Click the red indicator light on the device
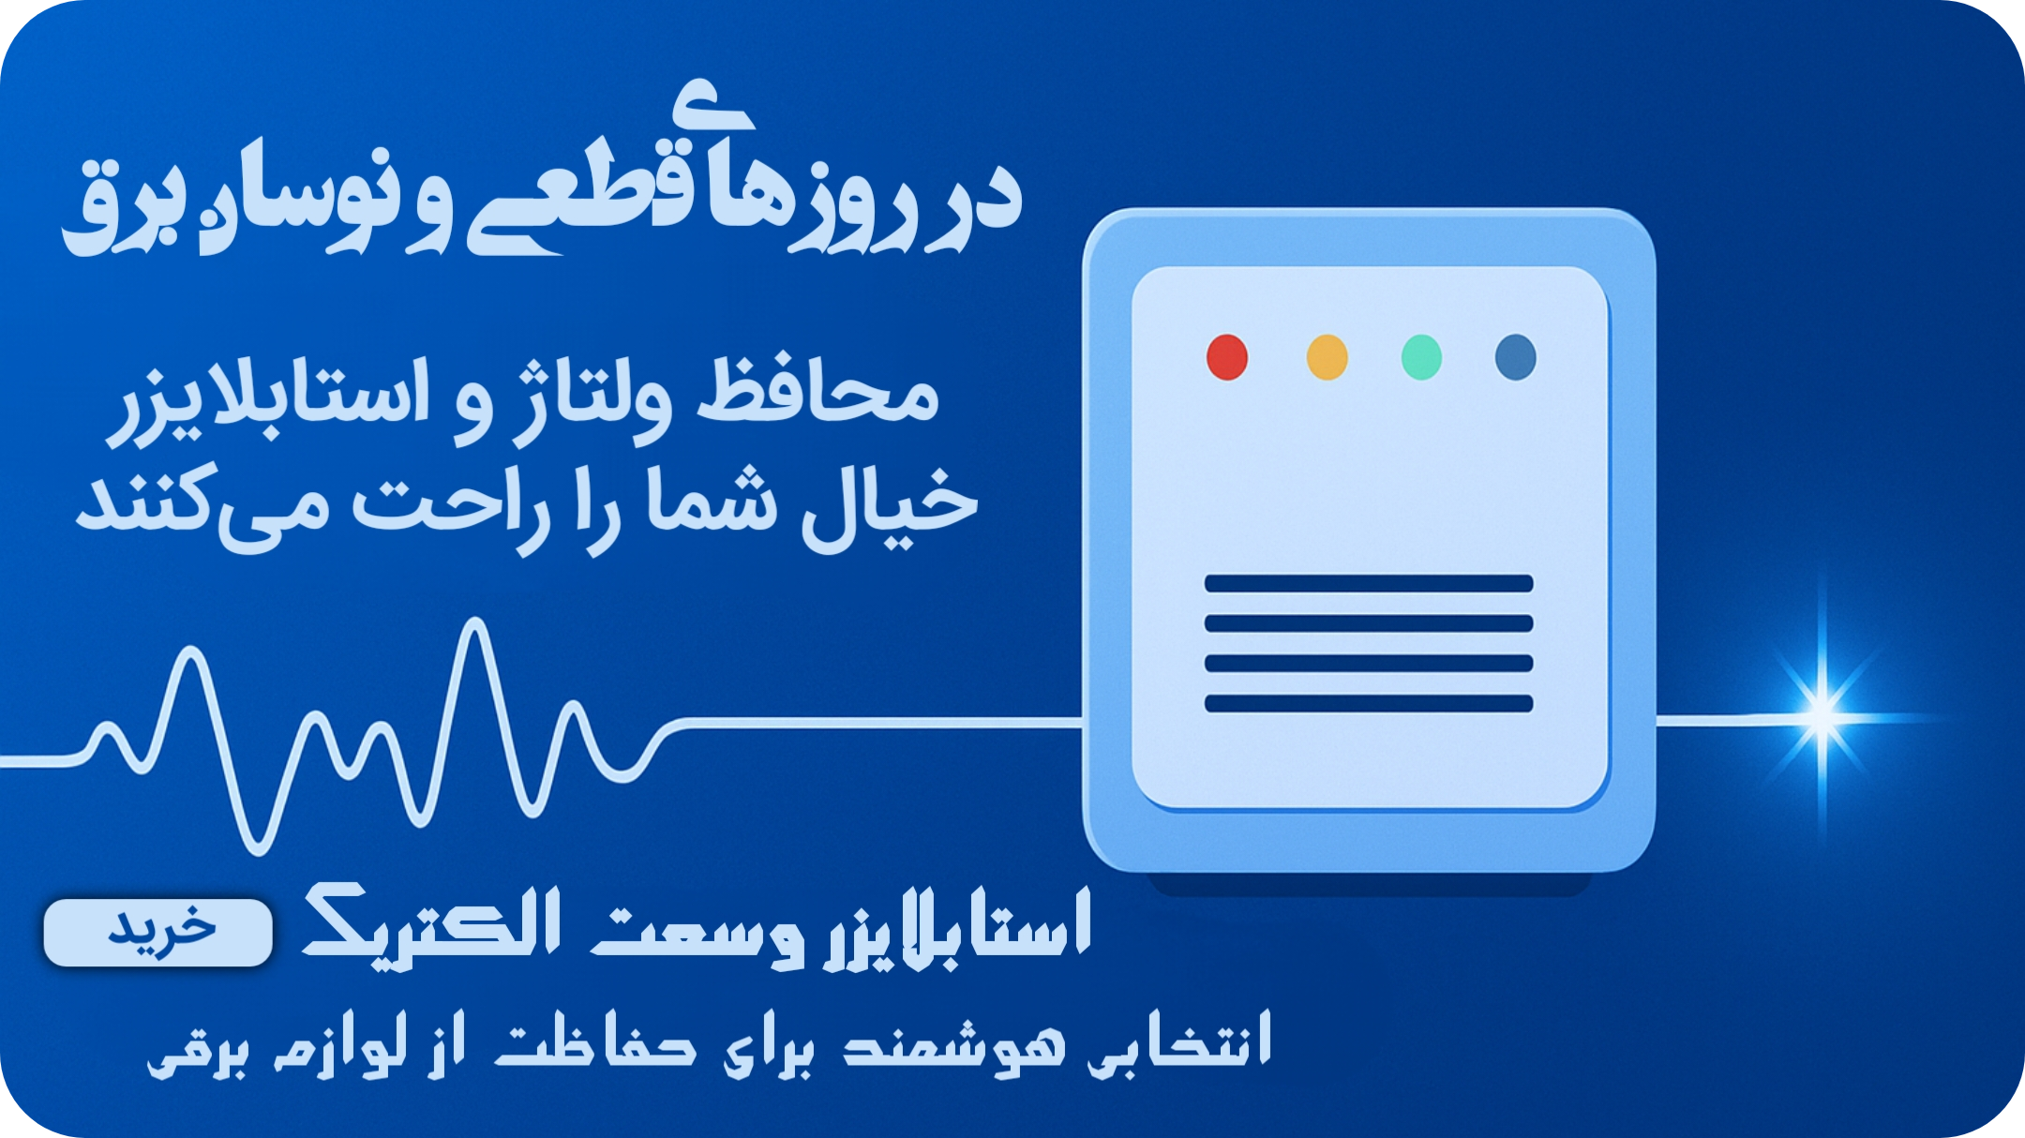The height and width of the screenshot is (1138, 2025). pos(1227,357)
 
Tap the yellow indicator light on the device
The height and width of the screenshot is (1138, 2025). pos(1327,357)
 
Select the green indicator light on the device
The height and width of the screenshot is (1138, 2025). pos(1421,357)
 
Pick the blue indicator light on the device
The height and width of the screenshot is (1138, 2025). pos(1516,357)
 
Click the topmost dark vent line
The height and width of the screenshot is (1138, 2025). pos(1369,584)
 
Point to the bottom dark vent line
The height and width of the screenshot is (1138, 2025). pos(1369,703)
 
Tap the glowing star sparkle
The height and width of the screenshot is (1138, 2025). pos(1822,716)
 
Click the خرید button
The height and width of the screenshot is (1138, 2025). pos(158,933)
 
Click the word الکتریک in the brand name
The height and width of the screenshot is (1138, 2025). pos(432,923)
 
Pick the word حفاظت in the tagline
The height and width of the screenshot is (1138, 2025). pos(595,1041)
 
